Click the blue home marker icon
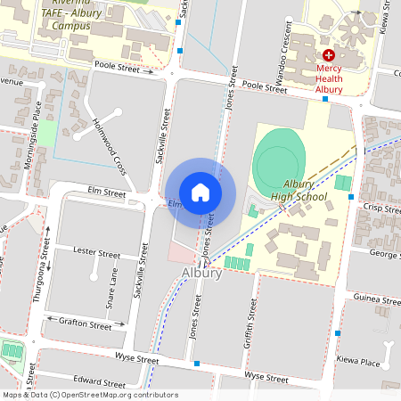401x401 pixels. tap(200, 192)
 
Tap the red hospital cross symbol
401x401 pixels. tap(329, 55)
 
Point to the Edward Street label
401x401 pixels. tap(98, 378)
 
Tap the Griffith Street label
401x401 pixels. tap(251, 323)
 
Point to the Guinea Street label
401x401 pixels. tap(377, 300)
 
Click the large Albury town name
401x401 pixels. tap(200, 272)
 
